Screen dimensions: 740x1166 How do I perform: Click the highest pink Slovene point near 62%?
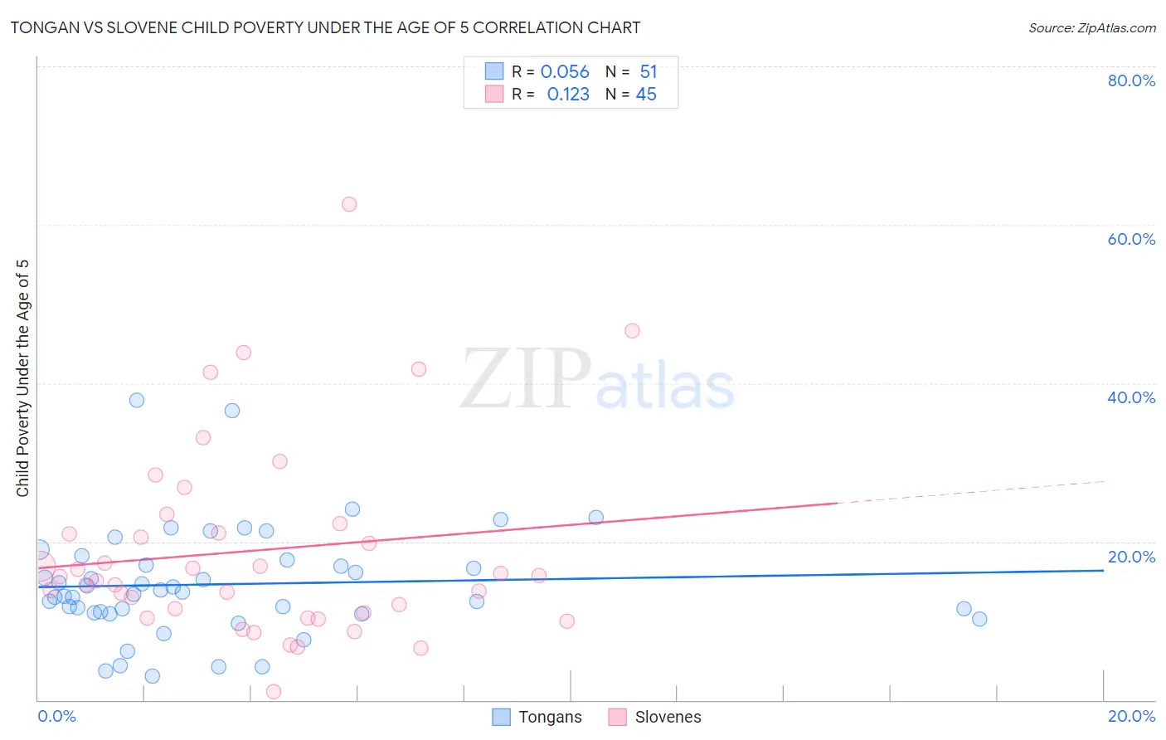(x=349, y=204)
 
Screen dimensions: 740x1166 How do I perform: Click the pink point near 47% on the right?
(x=632, y=331)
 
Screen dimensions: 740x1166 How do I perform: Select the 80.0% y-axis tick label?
(x=1131, y=80)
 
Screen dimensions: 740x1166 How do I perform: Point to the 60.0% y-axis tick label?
(x=1131, y=239)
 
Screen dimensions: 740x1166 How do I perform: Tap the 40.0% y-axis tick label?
(x=1131, y=397)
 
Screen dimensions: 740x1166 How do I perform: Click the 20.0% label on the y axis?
(x=1131, y=557)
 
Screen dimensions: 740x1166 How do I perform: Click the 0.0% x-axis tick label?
(x=56, y=716)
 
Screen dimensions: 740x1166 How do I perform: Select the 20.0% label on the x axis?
(x=1131, y=716)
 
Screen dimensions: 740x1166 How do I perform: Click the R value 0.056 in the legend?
(x=565, y=72)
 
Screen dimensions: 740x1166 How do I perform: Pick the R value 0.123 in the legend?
(x=568, y=95)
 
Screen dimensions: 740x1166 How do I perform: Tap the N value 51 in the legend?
(x=649, y=72)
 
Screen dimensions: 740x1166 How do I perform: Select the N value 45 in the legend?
(x=646, y=95)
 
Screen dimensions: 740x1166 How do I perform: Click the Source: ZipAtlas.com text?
(x=1091, y=28)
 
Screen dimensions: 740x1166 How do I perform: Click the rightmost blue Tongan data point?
(x=979, y=619)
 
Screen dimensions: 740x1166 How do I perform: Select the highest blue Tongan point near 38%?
(x=137, y=400)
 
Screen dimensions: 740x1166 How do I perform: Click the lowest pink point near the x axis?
(x=274, y=692)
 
